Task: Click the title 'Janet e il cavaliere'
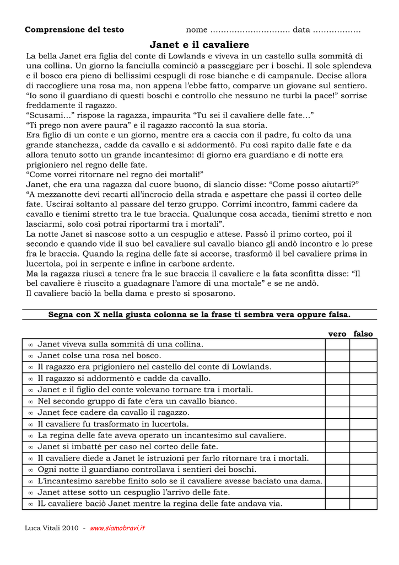click(x=199, y=45)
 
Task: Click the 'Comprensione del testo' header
click(x=74, y=30)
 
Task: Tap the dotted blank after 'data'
click(x=337, y=30)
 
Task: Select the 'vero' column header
click(x=337, y=334)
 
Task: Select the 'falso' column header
click(x=363, y=334)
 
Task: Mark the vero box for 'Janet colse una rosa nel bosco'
click(x=337, y=355)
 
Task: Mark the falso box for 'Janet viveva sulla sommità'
click(x=363, y=344)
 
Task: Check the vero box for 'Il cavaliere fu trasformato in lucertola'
click(x=337, y=424)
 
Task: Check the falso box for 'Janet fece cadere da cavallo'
click(x=363, y=413)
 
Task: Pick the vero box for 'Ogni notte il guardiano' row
click(x=337, y=470)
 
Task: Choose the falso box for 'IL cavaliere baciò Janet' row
click(x=363, y=504)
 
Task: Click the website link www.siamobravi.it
click(x=117, y=528)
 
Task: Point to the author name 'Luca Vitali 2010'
click(x=52, y=528)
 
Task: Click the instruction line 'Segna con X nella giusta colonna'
click(x=199, y=315)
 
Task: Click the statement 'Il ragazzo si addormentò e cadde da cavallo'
click(x=124, y=379)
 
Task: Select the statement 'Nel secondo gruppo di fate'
click(x=137, y=401)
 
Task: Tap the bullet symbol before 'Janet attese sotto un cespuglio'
click(x=31, y=493)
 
